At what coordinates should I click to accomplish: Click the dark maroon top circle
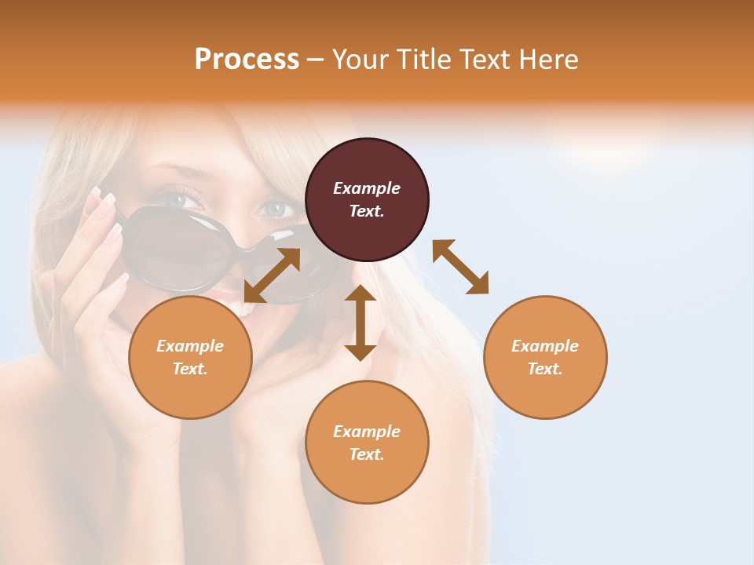point(367,199)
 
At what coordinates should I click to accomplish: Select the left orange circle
point(190,357)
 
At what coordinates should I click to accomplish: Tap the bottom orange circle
point(367,442)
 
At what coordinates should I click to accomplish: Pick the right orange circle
point(545,357)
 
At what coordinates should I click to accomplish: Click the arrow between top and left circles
point(272,275)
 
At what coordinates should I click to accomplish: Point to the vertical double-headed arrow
point(361,323)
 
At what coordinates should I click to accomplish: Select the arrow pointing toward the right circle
point(461,267)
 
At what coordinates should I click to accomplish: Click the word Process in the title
point(247,59)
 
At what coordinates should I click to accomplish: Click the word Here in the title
point(549,59)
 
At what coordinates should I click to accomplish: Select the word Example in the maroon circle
point(367,188)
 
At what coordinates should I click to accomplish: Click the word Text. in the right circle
point(545,369)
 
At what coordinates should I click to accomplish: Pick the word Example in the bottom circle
point(367,431)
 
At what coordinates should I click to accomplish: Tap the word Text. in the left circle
point(190,369)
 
